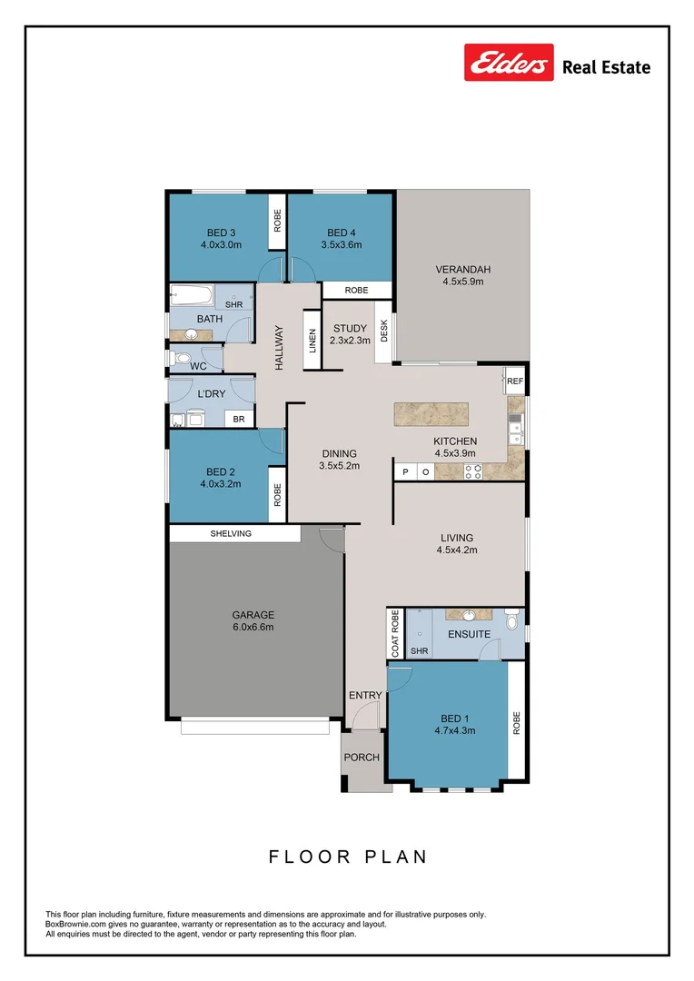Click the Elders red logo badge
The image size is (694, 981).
pyautogui.click(x=509, y=63)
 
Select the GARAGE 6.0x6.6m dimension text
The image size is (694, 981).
pyautogui.click(x=253, y=627)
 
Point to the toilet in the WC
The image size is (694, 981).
pyautogui.click(x=182, y=361)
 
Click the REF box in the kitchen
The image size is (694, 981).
pyautogui.click(x=515, y=381)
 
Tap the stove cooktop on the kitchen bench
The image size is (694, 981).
pyautogui.click(x=473, y=471)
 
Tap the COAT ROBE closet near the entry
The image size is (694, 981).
pyautogui.click(x=395, y=633)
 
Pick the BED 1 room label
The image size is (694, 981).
pyautogui.click(x=455, y=717)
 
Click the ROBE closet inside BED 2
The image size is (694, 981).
pyautogui.click(x=277, y=494)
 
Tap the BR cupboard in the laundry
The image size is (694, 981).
pyautogui.click(x=239, y=419)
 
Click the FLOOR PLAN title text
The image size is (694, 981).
pyautogui.click(x=347, y=857)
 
